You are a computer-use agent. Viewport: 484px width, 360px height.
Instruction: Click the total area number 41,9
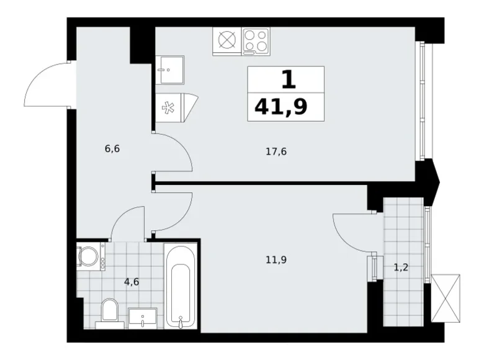coord(280,108)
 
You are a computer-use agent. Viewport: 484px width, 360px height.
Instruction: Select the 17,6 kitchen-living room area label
coord(278,151)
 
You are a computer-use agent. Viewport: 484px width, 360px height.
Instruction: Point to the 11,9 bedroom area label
coord(278,259)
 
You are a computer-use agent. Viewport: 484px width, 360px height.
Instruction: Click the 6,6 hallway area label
coord(112,150)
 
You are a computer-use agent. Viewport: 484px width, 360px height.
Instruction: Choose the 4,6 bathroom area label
coord(131,281)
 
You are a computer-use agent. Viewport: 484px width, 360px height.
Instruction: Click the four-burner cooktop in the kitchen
coord(255,42)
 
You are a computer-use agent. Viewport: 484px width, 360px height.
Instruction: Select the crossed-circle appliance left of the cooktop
coord(226,42)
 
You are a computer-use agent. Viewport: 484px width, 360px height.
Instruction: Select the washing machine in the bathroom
coord(91,256)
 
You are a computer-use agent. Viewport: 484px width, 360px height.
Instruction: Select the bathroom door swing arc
coord(127,223)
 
